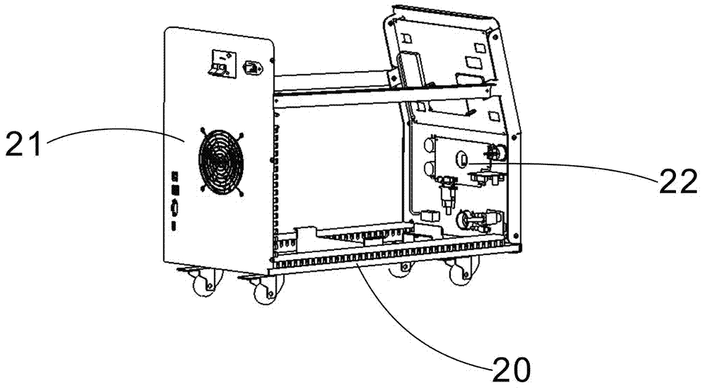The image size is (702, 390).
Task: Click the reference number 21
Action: click(x=24, y=143)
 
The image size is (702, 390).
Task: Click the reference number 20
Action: click(x=511, y=370)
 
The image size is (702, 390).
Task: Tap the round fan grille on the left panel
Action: click(x=221, y=163)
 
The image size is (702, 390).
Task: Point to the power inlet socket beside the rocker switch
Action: click(x=253, y=67)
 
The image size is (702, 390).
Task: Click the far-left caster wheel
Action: click(x=204, y=283)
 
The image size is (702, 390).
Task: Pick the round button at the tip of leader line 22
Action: click(x=463, y=158)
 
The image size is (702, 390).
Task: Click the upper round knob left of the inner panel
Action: click(x=428, y=145)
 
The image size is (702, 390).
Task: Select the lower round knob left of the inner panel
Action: click(x=428, y=169)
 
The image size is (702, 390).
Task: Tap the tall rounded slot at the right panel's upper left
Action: click(x=411, y=70)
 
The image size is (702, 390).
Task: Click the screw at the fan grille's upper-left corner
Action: click(x=202, y=131)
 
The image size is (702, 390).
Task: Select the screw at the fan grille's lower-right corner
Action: click(x=241, y=194)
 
